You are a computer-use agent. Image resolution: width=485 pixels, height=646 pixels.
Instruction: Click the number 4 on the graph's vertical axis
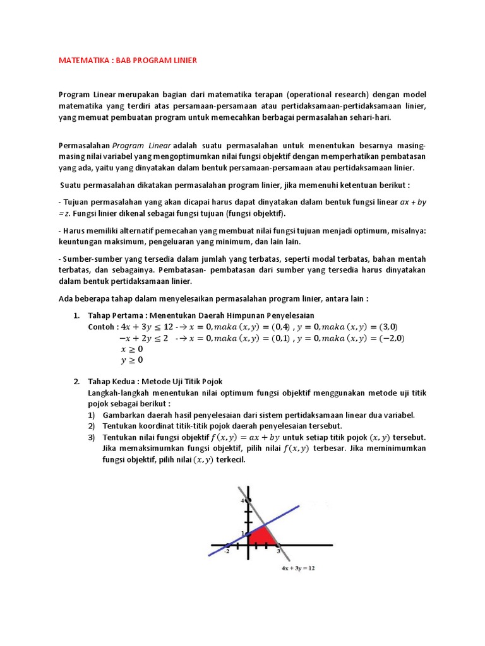[242, 500]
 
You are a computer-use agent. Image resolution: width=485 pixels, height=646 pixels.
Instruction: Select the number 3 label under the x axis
[278, 551]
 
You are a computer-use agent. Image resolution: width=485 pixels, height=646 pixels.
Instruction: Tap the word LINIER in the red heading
[182, 61]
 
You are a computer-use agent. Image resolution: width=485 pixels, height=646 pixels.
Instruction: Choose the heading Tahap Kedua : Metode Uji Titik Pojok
[155, 381]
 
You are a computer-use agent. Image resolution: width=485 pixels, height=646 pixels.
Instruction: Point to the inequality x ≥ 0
[131, 349]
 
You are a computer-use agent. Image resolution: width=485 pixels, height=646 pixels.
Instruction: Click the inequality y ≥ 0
[131, 360]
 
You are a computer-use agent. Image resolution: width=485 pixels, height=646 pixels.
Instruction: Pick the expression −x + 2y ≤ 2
[143, 338]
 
